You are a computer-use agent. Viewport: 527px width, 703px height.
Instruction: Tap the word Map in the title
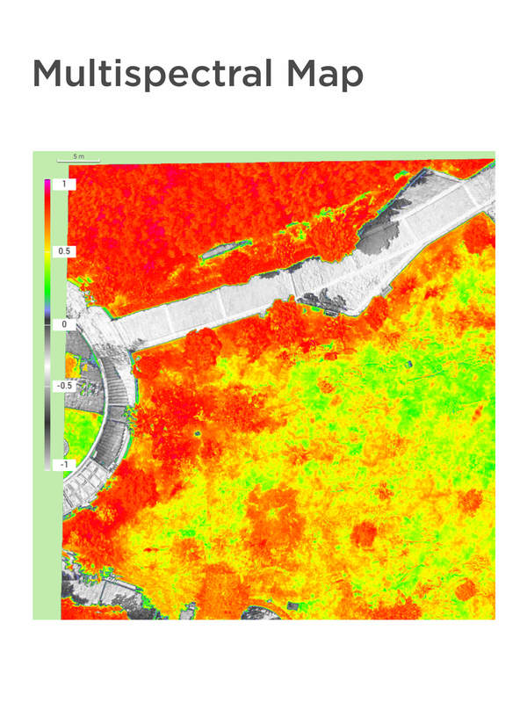pos(321,75)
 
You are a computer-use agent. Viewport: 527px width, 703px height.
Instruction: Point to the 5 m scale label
pos(79,156)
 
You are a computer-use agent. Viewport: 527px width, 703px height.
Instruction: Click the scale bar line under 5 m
pos(79,161)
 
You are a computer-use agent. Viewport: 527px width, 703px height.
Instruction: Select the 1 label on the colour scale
pos(63,185)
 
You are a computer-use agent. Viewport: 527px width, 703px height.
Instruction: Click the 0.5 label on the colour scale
pos(64,251)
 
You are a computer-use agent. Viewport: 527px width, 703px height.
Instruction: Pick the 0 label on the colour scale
pos(63,324)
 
